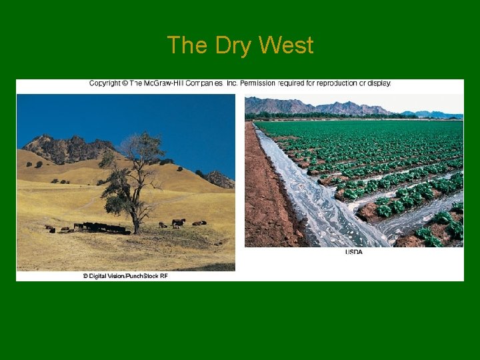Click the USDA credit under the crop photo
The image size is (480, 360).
click(354, 252)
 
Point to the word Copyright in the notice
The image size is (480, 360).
click(106, 83)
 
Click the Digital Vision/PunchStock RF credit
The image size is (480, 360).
click(125, 275)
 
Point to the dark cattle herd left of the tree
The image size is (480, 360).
click(103, 227)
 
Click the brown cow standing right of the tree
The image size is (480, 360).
click(179, 222)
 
